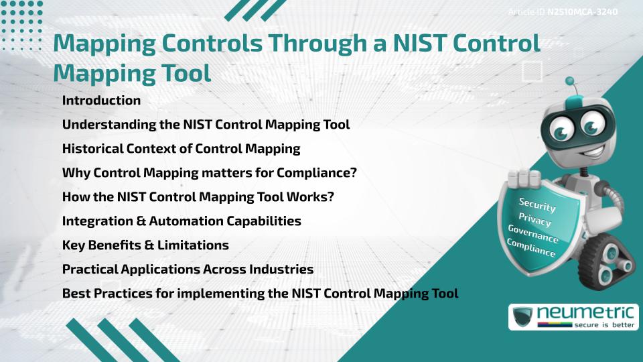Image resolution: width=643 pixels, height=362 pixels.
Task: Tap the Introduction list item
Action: click(x=101, y=101)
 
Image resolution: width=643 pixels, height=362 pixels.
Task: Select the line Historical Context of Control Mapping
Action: click(x=181, y=149)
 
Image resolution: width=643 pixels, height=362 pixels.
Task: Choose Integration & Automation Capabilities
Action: click(x=181, y=221)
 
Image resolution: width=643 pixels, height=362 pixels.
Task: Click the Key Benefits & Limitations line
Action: click(x=145, y=245)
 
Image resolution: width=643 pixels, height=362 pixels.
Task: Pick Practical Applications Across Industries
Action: click(x=188, y=269)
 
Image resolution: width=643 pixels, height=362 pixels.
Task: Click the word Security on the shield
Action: click(x=537, y=205)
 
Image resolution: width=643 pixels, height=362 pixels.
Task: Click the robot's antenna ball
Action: click(x=570, y=82)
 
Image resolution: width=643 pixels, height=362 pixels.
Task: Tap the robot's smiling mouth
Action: click(x=580, y=149)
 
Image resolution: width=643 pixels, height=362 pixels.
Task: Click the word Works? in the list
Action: click(x=306, y=197)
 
